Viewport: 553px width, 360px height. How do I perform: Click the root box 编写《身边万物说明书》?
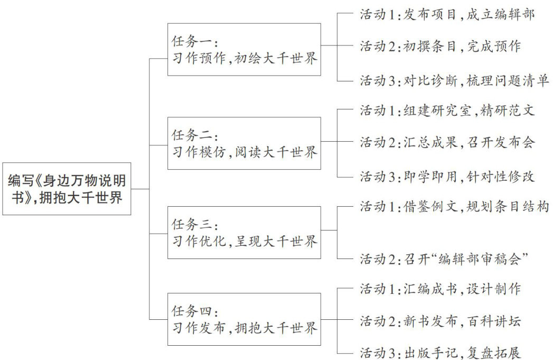pyautogui.click(x=67, y=188)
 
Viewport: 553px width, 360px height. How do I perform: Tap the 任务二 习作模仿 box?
pyautogui.click(x=244, y=143)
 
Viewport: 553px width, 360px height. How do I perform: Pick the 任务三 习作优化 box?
pyautogui.click(x=244, y=233)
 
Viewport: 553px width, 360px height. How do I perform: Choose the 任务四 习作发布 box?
pyautogui.click(x=244, y=319)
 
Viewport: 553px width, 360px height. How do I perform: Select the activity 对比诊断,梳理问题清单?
pyautogui.click(x=455, y=80)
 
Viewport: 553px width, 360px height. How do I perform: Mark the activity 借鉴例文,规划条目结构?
pyautogui.click(x=455, y=206)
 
